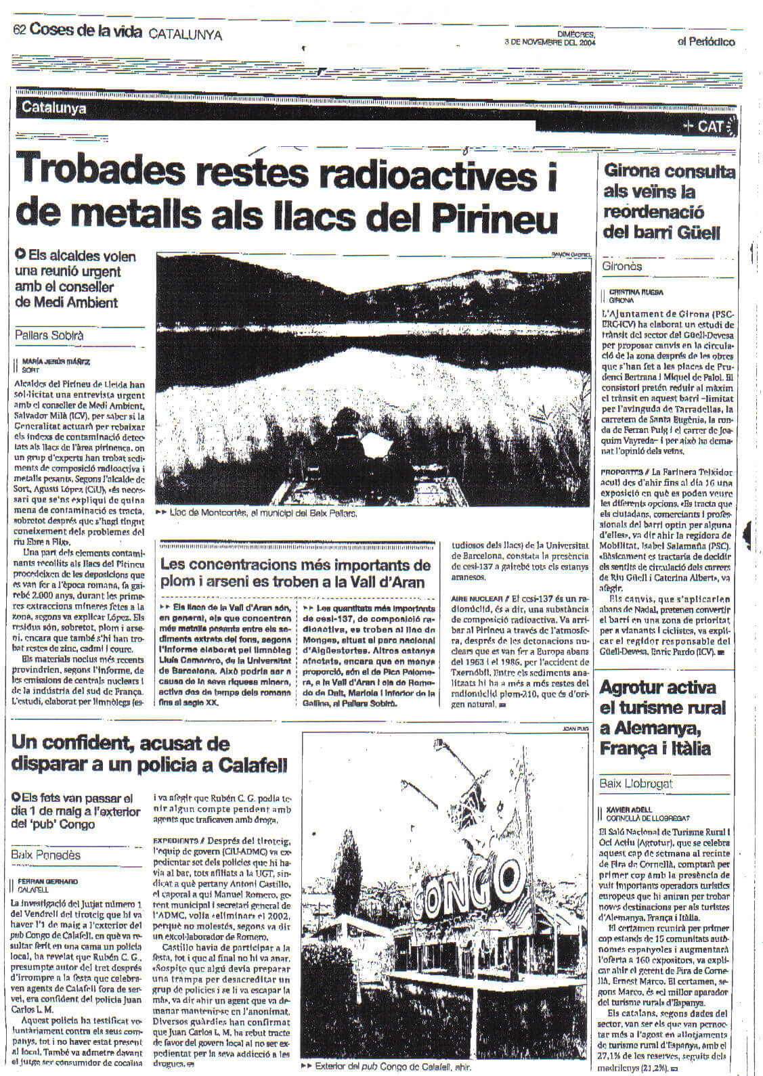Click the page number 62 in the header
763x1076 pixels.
pos(19,30)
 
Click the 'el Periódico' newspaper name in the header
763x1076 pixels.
pos(706,42)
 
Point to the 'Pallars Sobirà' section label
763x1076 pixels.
pos(49,335)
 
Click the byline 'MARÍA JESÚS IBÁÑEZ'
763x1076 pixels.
pos(56,362)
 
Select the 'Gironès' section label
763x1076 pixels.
pos(622,266)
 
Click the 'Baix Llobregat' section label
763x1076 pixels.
pos(636,784)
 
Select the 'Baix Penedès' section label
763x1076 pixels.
pos(46,855)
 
